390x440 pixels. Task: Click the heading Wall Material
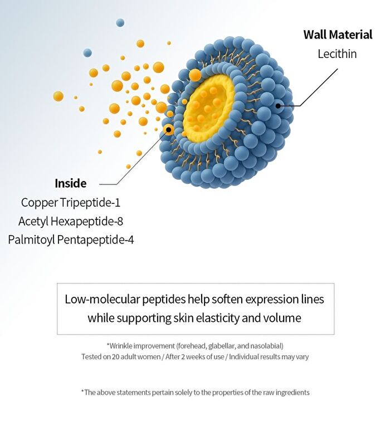coord(338,35)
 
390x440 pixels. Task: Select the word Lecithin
coord(337,53)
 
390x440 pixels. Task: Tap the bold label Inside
coord(70,183)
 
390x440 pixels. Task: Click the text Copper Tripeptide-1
coord(71,202)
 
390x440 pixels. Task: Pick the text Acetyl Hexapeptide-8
coord(71,221)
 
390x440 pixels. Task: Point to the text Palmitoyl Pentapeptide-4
coord(71,239)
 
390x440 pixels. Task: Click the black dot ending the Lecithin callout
coord(278,106)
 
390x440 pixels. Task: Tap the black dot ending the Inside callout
coord(169,129)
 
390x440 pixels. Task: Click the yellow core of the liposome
coord(208,107)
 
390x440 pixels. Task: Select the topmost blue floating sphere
coord(120,22)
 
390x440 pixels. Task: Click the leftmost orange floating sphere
coord(58,96)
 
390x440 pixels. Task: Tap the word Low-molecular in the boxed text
coord(102,299)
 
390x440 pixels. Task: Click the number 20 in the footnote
coord(116,356)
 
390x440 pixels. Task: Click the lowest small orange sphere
coord(128,167)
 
